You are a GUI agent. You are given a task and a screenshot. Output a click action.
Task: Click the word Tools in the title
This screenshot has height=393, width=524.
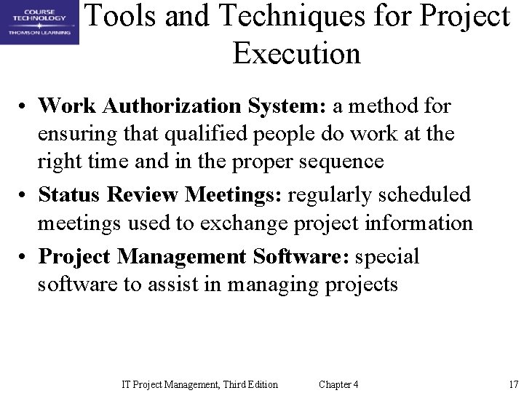(123, 17)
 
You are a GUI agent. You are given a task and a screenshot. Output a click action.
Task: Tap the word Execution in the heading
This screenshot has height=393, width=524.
(296, 53)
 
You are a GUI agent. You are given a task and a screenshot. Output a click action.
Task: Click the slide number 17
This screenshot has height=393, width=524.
(512, 384)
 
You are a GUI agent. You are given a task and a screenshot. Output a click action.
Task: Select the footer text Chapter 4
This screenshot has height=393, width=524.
(338, 384)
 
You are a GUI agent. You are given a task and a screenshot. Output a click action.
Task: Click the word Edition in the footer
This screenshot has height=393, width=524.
(260, 384)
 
